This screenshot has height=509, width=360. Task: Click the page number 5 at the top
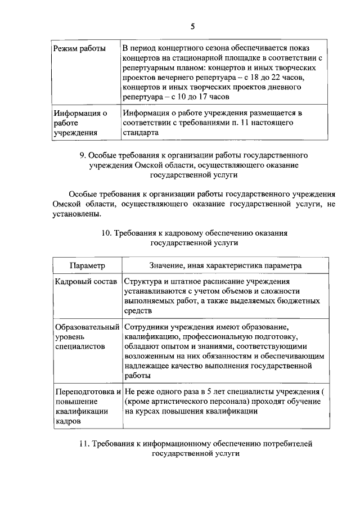coord(192,26)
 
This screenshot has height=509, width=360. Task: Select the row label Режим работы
coord(79,48)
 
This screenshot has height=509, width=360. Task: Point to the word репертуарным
coord(148,67)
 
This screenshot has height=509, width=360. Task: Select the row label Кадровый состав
coord(85,281)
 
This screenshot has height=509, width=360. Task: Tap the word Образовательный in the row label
coord(87,327)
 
